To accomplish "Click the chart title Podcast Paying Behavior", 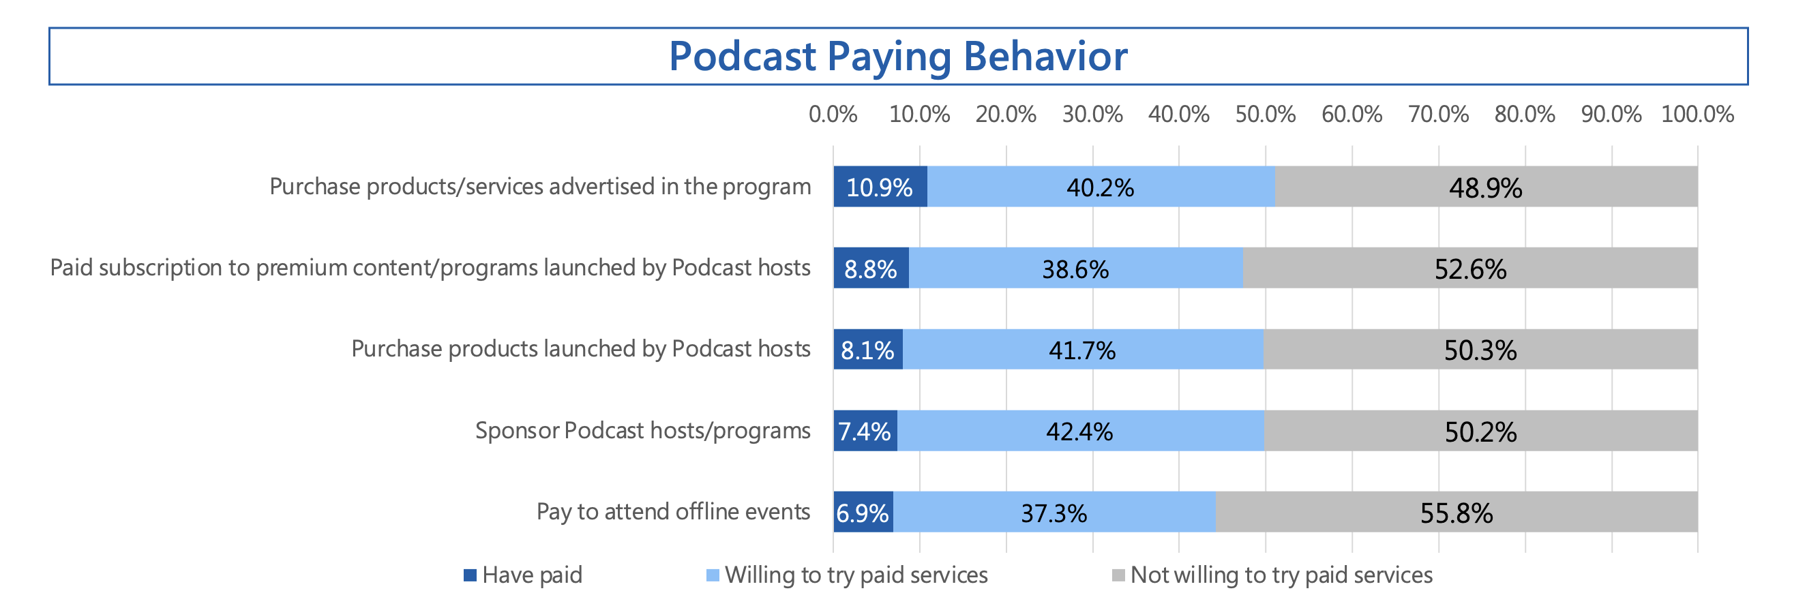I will click(897, 56).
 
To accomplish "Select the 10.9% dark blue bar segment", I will click(880, 187).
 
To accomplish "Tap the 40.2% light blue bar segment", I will click(1100, 187).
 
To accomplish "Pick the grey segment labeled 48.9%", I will click(1486, 187).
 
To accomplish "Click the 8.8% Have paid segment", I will click(871, 268).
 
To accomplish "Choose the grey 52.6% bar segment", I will click(1470, 268).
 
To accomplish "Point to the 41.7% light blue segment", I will click(1082, 349).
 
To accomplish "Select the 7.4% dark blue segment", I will click(865, 431).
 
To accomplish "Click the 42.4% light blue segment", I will click(1080, 431).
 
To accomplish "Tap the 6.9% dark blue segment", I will click(863, 512).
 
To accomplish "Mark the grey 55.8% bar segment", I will click(1457, 512).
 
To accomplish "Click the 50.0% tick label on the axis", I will click(1265, 115).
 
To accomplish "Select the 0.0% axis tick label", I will click(833, 115).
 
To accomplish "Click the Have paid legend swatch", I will click(470, 576).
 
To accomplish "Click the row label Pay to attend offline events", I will click(673, 511).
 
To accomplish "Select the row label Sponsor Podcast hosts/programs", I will click(642, 430).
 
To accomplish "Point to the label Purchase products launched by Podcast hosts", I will click(581, 348).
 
